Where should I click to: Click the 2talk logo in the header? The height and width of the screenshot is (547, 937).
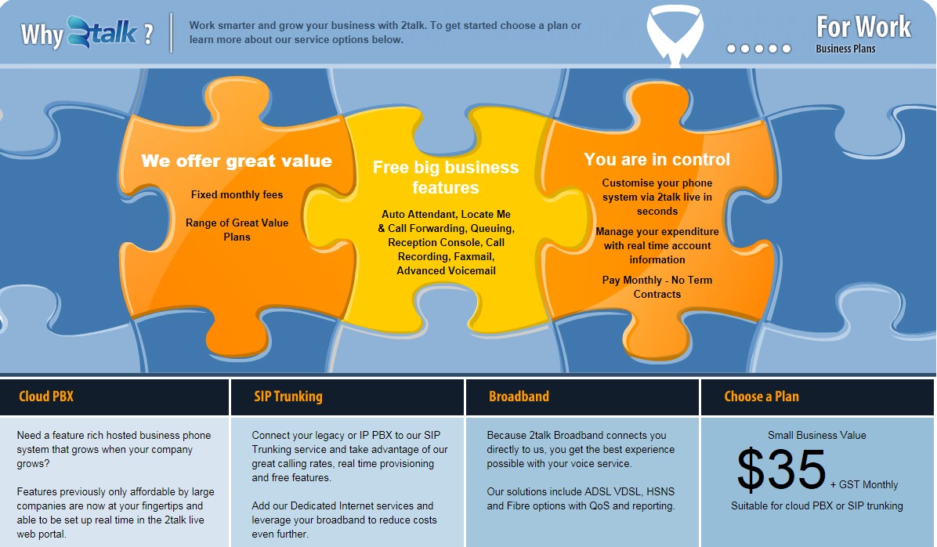click(102, 32)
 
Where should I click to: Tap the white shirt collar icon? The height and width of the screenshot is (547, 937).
click(675, 34)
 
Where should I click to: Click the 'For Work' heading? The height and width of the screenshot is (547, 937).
click(863, 27)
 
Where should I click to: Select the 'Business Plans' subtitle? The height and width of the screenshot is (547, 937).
click(845, 49)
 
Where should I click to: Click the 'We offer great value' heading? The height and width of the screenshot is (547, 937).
click(237, 161)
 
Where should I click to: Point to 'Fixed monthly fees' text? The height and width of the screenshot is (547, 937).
click(237, 194)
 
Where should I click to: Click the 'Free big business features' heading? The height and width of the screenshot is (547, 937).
click(446, 177)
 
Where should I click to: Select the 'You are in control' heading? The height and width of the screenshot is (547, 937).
click(657, 159)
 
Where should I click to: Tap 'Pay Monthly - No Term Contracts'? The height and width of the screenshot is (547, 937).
click(657, 287)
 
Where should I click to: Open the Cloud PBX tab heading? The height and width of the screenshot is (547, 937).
click(46, 397)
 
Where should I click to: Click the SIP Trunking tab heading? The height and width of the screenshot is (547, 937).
click(288, 397)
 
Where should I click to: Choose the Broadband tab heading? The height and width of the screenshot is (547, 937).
click(519, 397)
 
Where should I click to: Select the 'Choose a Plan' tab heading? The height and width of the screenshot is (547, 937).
click(762, 397)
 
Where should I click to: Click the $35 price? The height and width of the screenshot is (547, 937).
click(782, 470)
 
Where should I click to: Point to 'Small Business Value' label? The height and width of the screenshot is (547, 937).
click(817, 435)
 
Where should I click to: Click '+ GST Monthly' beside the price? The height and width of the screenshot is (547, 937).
click(864, 485)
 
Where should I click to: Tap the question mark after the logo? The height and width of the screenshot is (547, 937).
click(148, 34)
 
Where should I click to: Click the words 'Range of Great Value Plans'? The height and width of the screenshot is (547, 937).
click(237, 230)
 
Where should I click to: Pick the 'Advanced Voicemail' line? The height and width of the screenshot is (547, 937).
click(447, 271)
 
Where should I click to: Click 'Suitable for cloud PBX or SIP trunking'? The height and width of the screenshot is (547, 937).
click(817, 505)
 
